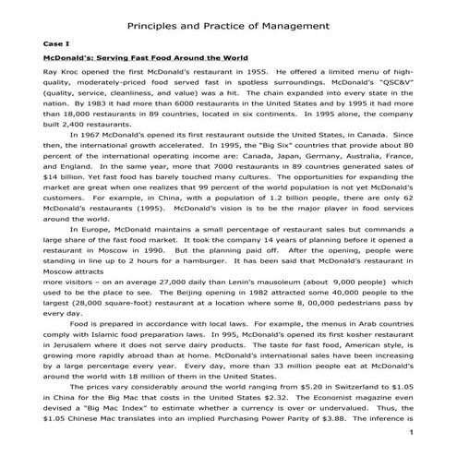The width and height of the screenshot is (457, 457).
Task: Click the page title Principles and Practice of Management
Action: pos(228,25)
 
